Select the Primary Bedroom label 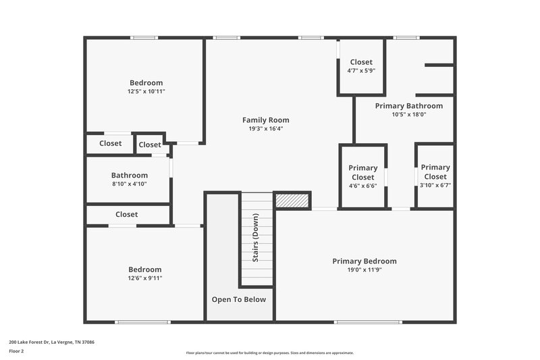click(x=364, y=261)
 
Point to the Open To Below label click(x=239, y=300)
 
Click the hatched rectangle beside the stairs click(x=292, y=201)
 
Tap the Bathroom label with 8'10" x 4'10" click(x=130, y=176)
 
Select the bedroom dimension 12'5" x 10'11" click(x=146, y=91)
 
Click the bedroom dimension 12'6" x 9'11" click(x=145, y=278)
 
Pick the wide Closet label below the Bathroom click(x=126, y=215)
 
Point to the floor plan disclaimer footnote click(x=269, y=353)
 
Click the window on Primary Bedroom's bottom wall click(x=363, y=322)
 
